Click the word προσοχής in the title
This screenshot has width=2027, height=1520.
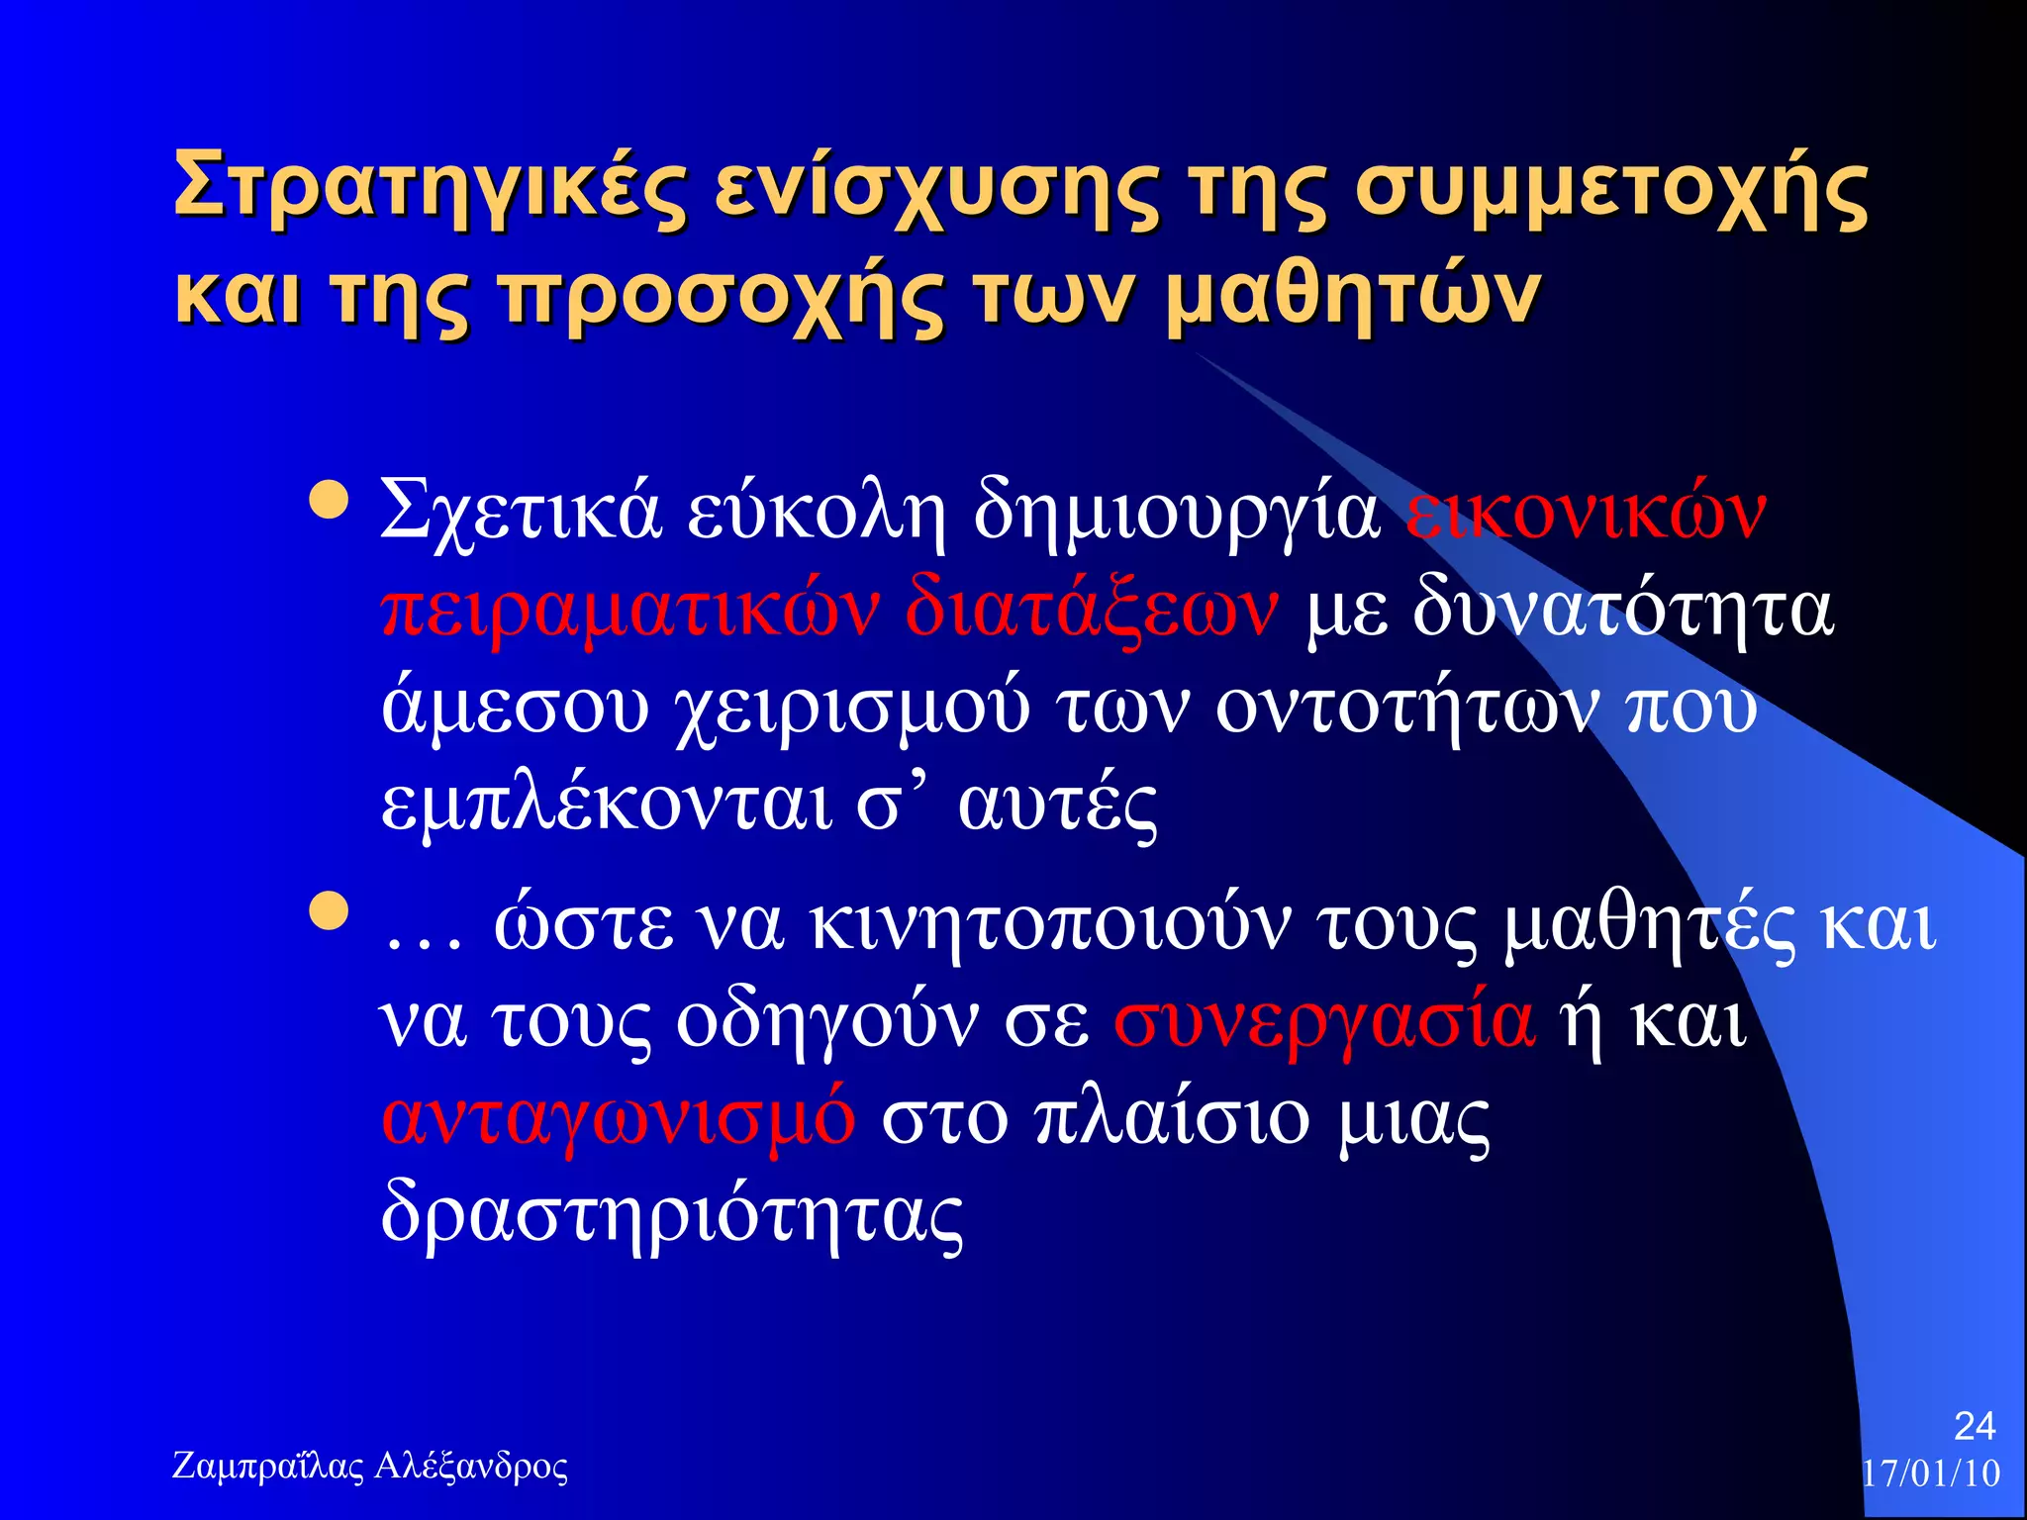click(x=724, y=297)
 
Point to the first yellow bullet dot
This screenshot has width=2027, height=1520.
click(x=329, y=501)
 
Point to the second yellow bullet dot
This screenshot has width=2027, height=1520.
click(x=329, y=911)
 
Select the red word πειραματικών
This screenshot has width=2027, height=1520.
click(x=630, y=610)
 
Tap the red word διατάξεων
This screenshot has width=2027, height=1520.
click(x=1091, y=610)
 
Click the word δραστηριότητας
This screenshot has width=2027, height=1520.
click(x=672, y=1215)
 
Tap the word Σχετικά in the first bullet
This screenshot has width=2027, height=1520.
click(x=520, y=513)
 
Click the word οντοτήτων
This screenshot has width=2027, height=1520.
click(x=1405, y=709)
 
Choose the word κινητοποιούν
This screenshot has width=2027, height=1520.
click(x=1050, y=924)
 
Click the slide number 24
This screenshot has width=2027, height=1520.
click(x=1975, y=1426)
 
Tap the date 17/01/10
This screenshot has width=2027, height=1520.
click(x=1931, y=1473)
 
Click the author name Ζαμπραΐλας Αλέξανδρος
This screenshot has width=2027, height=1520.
click(x=370, y=1467)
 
